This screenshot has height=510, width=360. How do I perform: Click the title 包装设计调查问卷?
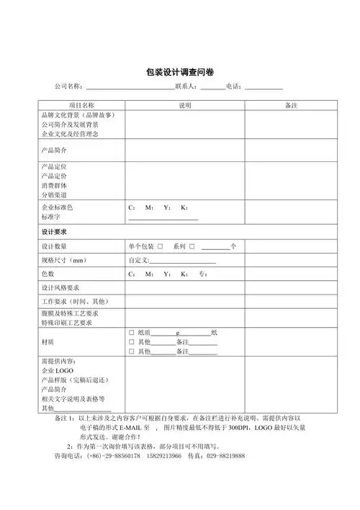(x=179, y=71)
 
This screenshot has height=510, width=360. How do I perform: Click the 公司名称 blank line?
(x=130, y=89)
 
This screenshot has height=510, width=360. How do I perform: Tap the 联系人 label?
(x=186, y=87)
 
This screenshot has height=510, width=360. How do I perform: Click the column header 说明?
(x=186, y=105)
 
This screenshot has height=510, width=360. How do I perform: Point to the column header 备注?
(x=292, y=105)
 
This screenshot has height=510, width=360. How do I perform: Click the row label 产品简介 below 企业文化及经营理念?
(x=54, y=151)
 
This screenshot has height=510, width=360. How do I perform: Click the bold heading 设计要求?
(x=54, y=232)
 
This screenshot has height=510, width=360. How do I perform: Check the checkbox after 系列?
(x=192, y=246)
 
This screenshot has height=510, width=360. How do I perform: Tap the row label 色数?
(x=48, y=274)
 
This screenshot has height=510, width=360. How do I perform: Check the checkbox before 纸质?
(x=132, y=333)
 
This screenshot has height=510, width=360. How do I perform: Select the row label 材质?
(x=48, y=342)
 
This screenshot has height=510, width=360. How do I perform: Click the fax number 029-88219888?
(x=220, y=457)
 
